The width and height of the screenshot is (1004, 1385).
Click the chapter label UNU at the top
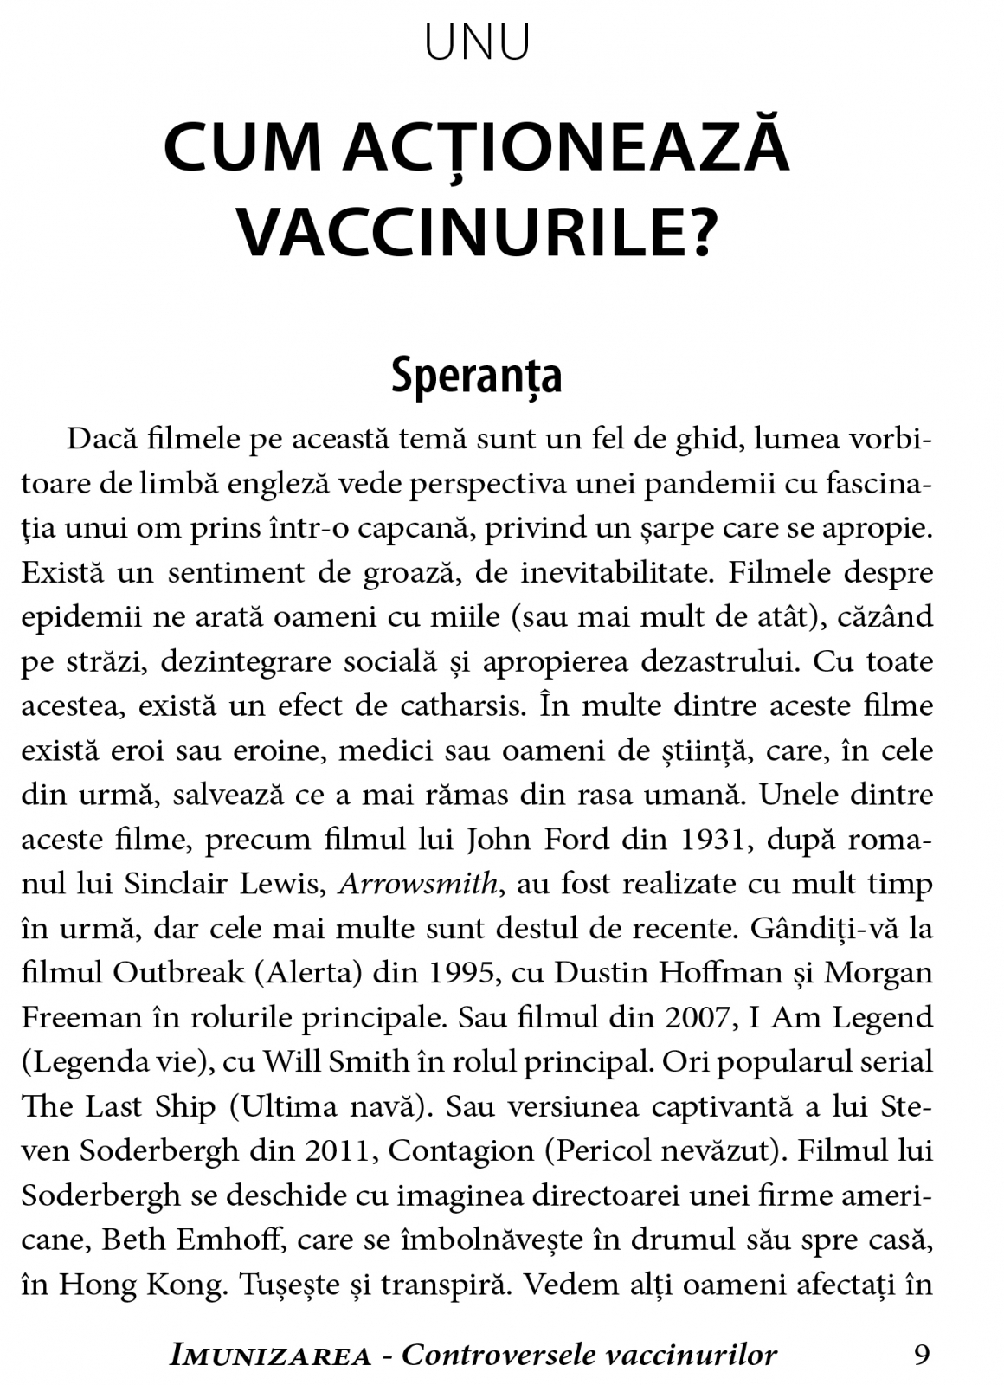point(477,42)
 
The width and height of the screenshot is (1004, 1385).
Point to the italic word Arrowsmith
point(418,884)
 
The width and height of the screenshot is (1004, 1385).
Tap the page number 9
point(922,1354)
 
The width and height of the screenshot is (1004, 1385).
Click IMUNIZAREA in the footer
point(271,1356)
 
